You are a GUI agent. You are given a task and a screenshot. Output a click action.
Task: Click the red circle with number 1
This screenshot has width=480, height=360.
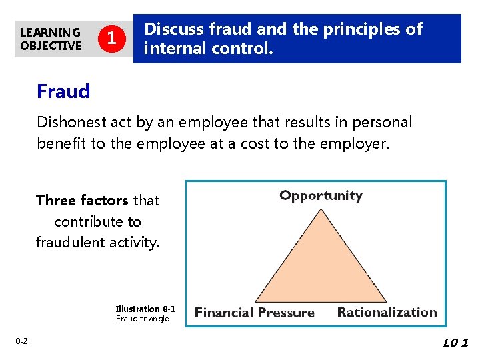coord(113,39)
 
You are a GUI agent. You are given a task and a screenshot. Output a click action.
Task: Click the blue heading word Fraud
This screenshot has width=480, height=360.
coord(63,91)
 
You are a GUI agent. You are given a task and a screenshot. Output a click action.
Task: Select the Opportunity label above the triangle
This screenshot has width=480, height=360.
coord(321,195)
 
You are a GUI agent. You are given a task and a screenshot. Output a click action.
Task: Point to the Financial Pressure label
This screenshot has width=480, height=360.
coord(254,313)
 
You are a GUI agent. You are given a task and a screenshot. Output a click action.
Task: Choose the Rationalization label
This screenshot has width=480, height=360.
coord(387,312)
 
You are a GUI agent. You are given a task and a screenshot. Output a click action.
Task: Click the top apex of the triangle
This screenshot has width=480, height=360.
coord(321,209)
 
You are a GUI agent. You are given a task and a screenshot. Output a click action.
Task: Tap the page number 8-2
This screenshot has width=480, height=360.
coord(21,341)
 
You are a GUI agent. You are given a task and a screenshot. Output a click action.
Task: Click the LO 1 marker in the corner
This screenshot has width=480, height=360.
coord(456,343)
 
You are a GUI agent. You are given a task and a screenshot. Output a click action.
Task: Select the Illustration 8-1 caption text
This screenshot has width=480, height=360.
coord(145,309)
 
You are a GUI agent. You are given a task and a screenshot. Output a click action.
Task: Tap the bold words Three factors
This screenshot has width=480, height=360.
coord(83,200)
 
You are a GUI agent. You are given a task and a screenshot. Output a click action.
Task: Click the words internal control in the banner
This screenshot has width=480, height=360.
coord(209,49)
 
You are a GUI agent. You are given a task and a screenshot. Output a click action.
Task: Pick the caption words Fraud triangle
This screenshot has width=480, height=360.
coord(143,318)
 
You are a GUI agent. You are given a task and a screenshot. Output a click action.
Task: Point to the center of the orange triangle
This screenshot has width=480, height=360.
coord(321,270)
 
